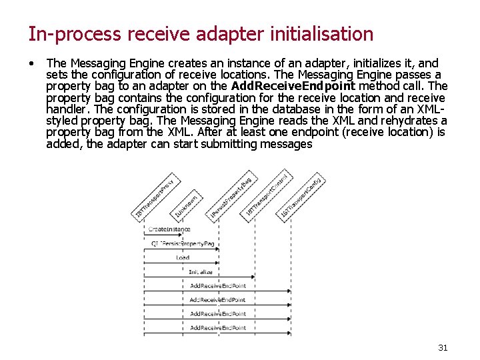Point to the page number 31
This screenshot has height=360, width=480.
(x=443, y=347)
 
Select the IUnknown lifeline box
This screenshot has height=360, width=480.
(x=186, y=207)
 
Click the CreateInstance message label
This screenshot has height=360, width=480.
(x=169, y=229)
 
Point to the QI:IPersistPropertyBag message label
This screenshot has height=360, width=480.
(x=183, y=243)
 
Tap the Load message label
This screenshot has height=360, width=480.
(x=183, y=257)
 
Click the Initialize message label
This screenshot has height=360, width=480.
(x=201, y=272)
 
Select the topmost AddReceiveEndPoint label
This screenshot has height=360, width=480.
(x=218, y=286)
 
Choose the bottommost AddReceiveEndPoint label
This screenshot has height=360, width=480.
(x=218, y=328)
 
